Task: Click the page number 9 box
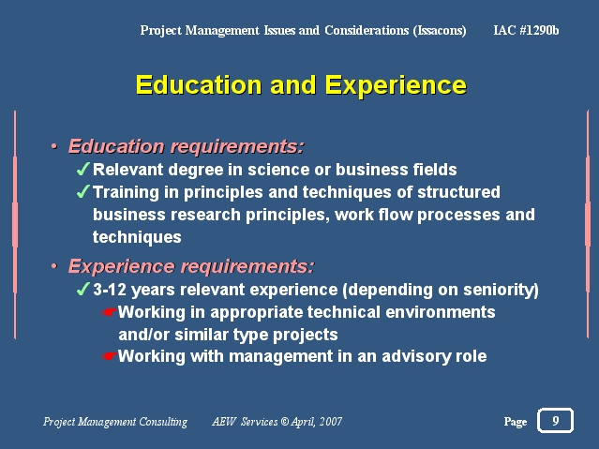555,420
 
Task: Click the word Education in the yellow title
199,84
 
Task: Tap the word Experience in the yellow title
396,85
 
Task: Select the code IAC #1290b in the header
526,30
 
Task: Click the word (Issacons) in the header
440,30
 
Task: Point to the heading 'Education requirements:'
186,146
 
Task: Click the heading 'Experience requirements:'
191,266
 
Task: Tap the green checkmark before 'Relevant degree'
82,169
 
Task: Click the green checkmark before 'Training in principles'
82,191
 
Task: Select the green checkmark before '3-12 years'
82,289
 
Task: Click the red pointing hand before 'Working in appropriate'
110,312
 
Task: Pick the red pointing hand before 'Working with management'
110,356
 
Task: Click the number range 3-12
110,290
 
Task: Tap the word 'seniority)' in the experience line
501,290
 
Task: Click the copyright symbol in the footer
285,422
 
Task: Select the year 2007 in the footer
331,422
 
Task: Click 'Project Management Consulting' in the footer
115,422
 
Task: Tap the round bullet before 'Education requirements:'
54,146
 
